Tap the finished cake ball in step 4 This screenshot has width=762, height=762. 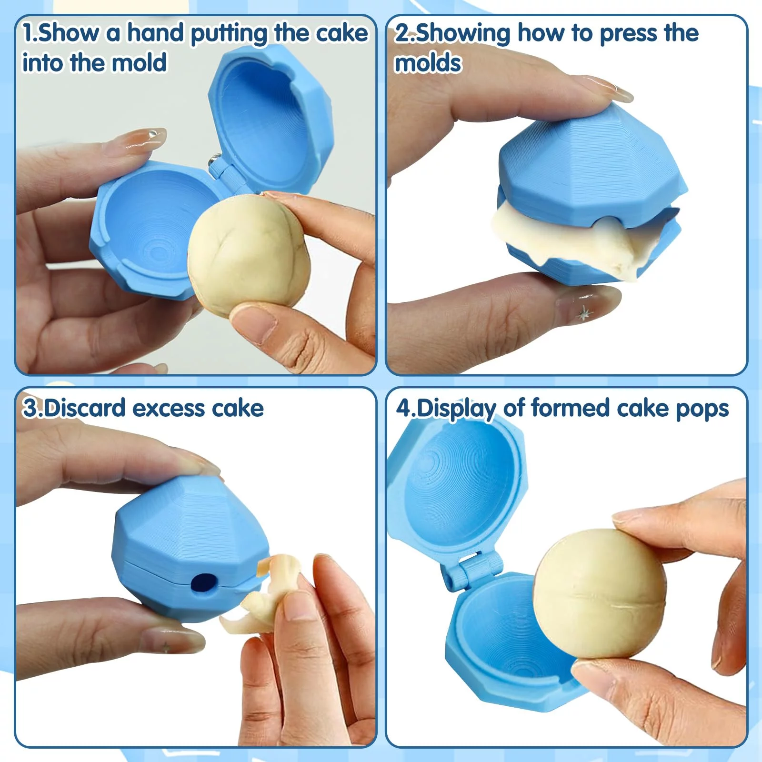599,594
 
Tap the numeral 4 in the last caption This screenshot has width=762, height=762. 403,408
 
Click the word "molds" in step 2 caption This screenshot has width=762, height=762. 428,63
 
